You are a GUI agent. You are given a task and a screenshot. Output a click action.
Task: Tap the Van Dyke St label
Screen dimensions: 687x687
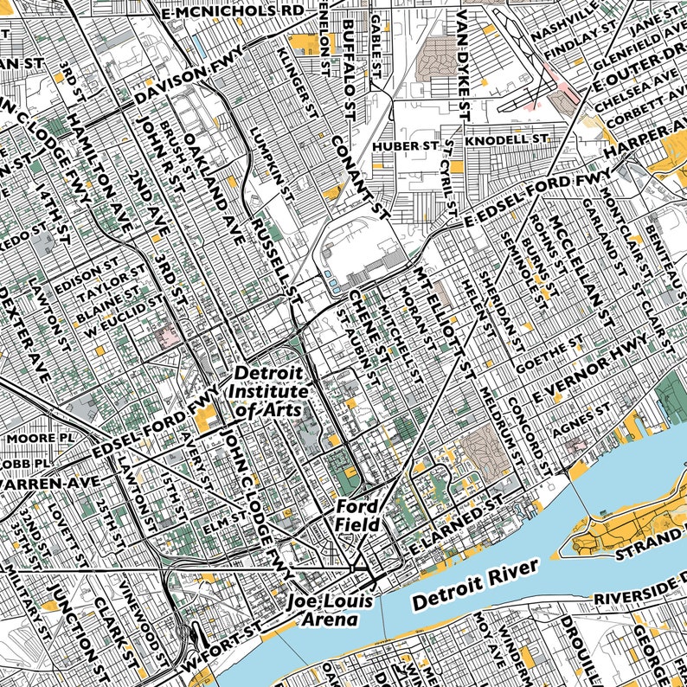pos(464,66)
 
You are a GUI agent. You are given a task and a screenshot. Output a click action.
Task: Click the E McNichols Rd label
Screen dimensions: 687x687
pos(233,11)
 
